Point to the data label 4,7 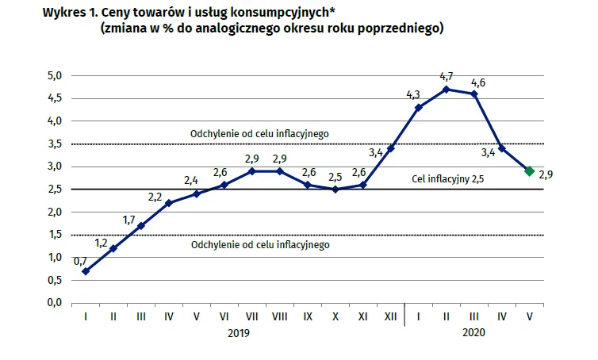point(446,76)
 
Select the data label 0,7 point(80,260)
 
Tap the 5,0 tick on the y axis point(55,76)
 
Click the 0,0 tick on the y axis point(55,303)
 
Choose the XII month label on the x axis point(390,316)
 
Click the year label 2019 point(238,334)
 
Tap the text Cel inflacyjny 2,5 point(448,179)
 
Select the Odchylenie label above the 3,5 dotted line point(259,134)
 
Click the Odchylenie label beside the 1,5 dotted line point(259,245)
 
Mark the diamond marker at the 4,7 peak point(447,89)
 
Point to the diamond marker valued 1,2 point(113,248)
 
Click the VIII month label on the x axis point(279,316)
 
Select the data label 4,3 point(412,95)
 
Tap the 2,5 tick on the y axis point(55,190)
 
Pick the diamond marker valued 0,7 point(85,271)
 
